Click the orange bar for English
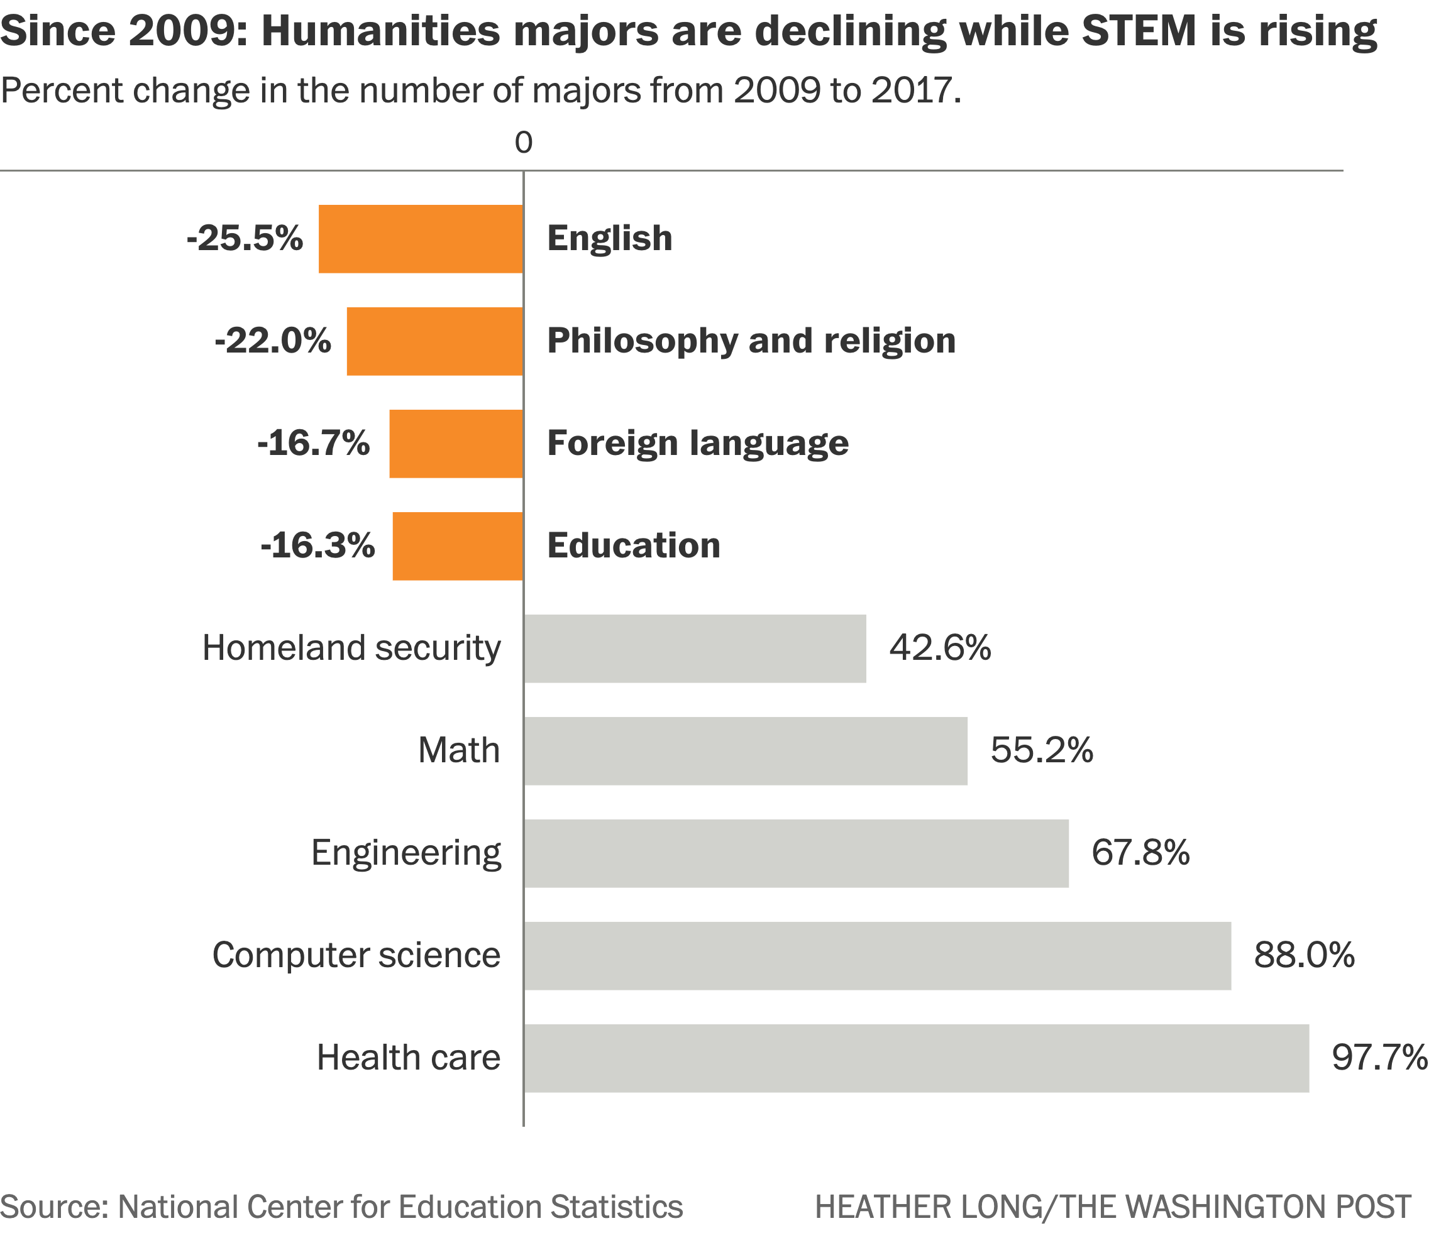coord(421,239)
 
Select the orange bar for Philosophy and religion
coord(435,341)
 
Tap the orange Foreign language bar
coord(456,444)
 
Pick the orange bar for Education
coord(458,546)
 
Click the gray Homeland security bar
coord(695,649)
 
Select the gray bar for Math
coord(746,751)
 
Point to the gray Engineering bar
coord(797,853)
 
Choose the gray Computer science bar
coord(877,956)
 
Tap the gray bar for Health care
coord(916,1058)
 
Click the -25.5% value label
coord(245,239)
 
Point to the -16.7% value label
coord(313,444)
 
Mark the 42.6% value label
coord(940,649)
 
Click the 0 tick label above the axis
coord(524,143)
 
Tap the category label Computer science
coord(356,956)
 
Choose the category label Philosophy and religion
coord(751,341)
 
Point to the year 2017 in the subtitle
coord(912,90)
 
